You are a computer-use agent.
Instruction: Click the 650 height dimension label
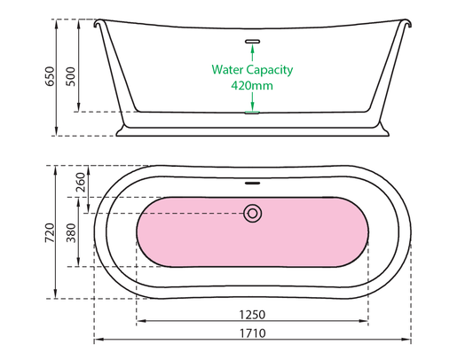pyautogui.click(x=50, y=76)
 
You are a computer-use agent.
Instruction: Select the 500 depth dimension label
pyautogui.click(x=71, y=76)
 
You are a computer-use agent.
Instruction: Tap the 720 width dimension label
pyautogui.click(x=50, y=232)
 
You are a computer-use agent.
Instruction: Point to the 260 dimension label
pyautogui.click(x=81, y=182)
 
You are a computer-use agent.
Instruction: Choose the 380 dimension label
pyautogui.click(x=72, y=232)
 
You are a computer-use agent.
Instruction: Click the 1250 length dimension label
pyautogui.click(x=252, y=315)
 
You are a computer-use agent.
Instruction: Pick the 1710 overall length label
pyautogui.click(x=253, y=333)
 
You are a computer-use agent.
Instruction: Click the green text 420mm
pyautogui.click(x=252, y=86)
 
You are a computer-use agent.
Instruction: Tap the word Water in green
pyautogui.click(x=227, y=70)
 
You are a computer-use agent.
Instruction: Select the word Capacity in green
pyautogui.click(x=270, y=70)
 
